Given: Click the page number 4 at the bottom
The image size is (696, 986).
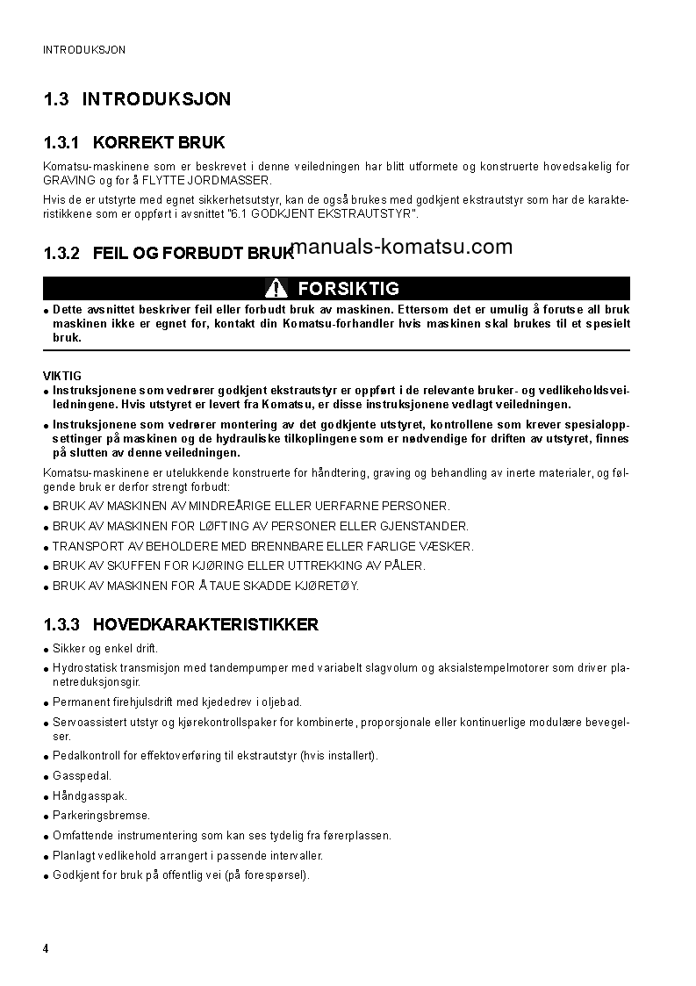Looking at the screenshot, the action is coord(46,949).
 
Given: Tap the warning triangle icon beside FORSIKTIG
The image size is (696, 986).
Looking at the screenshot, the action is coord(276,288).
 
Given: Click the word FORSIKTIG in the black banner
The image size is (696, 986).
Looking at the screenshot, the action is coord(348,288).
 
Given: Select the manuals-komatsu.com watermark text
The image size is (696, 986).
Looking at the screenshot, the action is coord(401,247).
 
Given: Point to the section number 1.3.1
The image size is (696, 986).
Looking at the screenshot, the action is coord(61,142).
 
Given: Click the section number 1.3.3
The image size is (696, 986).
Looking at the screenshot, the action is coord(61,625).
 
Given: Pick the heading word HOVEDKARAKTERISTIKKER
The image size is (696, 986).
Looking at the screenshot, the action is coord(205,625).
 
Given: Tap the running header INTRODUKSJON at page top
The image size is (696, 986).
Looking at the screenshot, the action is coord(84,50).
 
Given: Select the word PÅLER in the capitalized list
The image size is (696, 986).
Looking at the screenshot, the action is coord(405,565).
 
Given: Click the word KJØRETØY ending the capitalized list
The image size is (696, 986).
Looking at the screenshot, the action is coord(325,586).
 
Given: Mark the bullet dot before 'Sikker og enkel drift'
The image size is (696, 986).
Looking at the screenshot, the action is coord(46,649).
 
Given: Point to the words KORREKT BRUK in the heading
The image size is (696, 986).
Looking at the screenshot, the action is coord(158,142).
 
